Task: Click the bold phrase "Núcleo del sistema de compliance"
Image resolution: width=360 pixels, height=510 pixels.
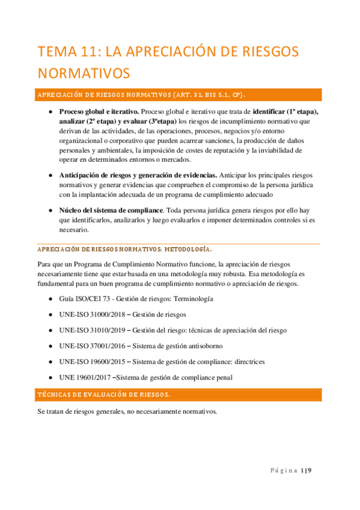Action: click(x=111, y=210)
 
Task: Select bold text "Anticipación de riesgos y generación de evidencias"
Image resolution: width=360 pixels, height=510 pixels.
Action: click(x=138, y=175)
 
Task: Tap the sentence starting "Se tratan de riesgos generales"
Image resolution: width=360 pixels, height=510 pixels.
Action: click(x=127, y=412)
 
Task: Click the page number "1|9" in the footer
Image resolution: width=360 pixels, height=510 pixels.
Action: click(x=306, y=470)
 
